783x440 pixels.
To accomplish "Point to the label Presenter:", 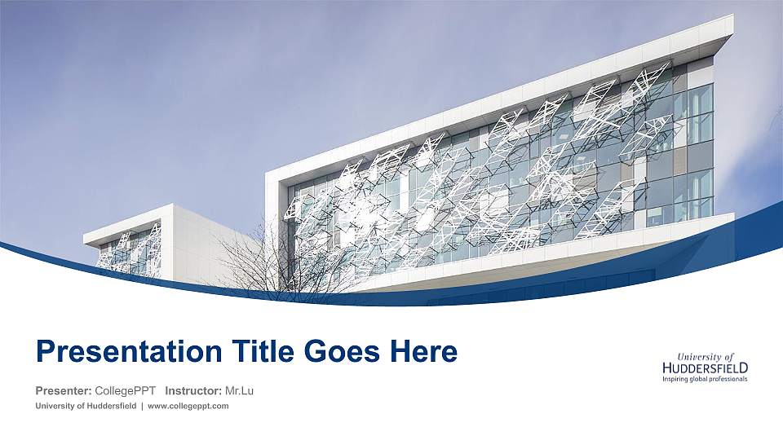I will tap(64, 390).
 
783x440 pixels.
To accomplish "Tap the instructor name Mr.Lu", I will tap(239, 390).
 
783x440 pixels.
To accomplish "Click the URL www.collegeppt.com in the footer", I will tap(188, 406).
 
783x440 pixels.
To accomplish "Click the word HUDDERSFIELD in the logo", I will tap(705, 368).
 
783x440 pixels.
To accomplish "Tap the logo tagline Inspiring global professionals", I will tap(704, 379).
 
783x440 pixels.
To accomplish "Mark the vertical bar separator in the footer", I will tap(142, 406).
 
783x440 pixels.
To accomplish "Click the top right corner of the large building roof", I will tap(731, 18).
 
